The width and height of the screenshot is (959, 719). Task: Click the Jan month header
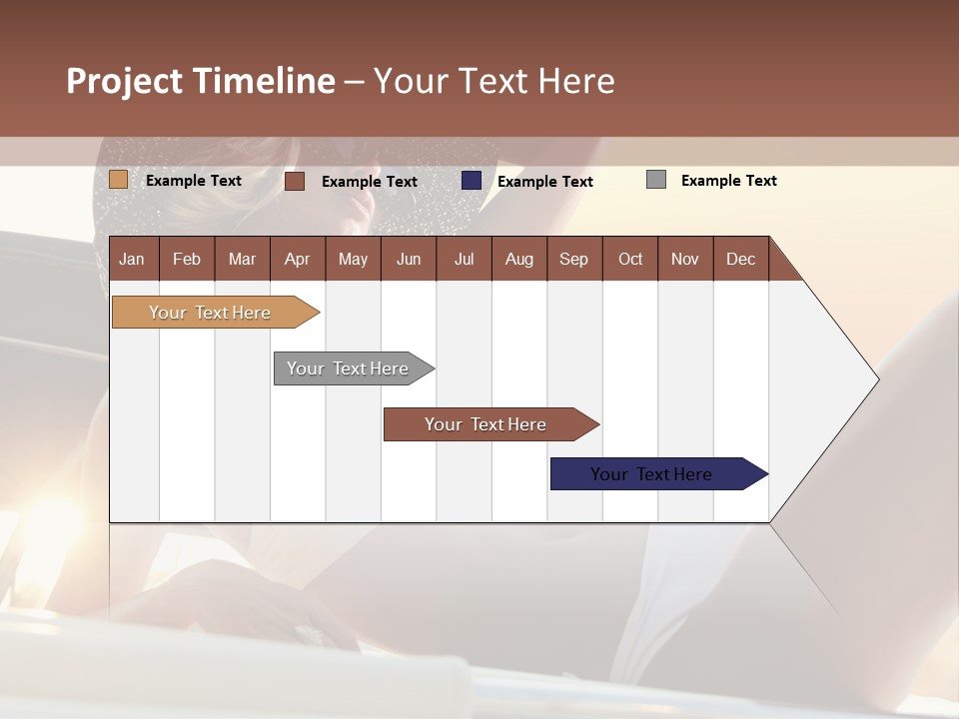(132, 259)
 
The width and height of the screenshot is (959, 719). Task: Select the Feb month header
(187, 259)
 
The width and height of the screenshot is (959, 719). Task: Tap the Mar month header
(242, 259)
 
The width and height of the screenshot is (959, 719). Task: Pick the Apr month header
(297, 259)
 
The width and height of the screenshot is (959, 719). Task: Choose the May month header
(353, 259)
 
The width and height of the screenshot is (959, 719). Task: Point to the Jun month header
(409, 259)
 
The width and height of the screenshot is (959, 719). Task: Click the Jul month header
(464, 259)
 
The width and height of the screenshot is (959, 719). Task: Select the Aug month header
(518, 259)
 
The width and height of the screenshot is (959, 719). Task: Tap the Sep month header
(573, 259)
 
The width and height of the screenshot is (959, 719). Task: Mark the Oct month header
(630, 259)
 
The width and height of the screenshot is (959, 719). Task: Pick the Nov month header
(685, 259)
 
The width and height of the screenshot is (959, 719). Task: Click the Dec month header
(740, 259)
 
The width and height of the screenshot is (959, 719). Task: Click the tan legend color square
(118, 180)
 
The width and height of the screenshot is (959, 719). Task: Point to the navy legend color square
(472, 180)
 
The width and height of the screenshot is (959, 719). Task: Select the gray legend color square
(656, 180)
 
